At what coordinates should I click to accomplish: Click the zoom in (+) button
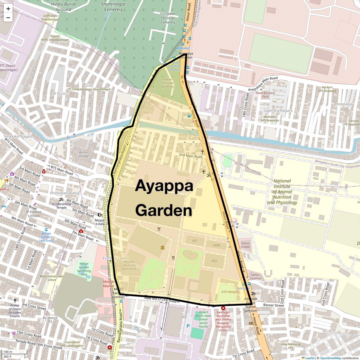click(x=8, y=9)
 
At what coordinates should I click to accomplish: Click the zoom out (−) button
click(x=8, y=17)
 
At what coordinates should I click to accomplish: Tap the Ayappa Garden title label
click(x=164, y=198)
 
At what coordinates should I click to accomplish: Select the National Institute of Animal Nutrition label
click(x=282, y=192)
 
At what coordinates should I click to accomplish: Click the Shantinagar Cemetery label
click(x=113, y=7)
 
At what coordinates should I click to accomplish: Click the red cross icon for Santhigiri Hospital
click(x=223, y=308)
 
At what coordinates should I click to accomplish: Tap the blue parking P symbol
click(x=188, y=326)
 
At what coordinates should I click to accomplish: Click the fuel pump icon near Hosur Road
click(x=189, y=115)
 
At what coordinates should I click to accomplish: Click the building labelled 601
click(x=195, y=241)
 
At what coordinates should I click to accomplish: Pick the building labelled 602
click(x=214, y=261)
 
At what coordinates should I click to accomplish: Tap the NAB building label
click(x=217, y=245)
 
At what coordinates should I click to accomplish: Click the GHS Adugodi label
click(x=230, y=292)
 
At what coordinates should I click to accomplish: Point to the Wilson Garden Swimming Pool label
click(x=84, y=269)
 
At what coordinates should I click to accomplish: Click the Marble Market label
click(x=108, y=284)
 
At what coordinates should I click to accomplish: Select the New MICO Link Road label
click(x=160, y=299)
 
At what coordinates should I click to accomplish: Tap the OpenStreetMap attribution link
click(x=330, y=358)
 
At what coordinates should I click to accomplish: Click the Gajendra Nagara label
click(x=277, y=110)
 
